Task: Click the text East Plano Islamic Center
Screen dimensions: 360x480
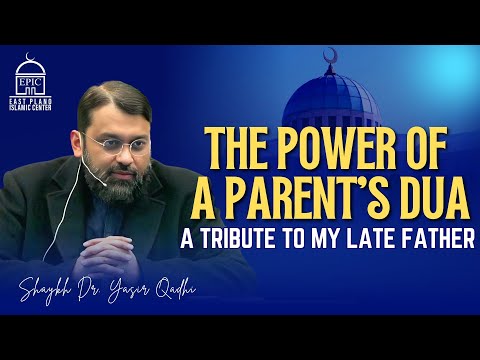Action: click(x=35, y=103)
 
